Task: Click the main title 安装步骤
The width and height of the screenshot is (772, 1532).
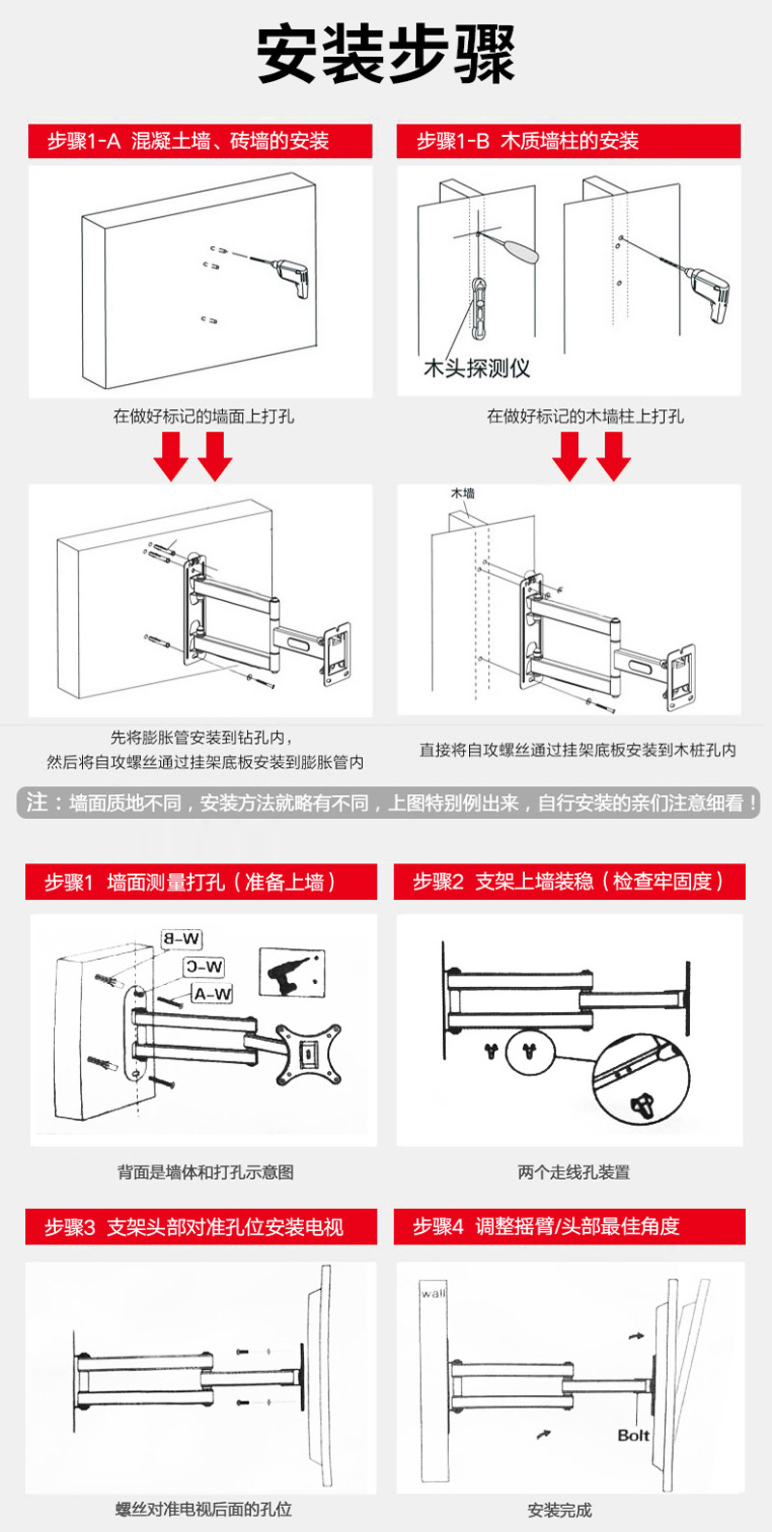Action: [386, 55]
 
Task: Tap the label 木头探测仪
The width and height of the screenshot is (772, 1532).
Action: [477, 368]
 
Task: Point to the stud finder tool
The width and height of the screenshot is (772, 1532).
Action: [482, 304]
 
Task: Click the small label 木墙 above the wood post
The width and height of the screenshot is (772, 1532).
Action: [463, 493]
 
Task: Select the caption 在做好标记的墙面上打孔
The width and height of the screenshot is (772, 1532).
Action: [204, 417]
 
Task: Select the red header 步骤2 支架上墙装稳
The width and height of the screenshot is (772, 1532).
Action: [569, 882]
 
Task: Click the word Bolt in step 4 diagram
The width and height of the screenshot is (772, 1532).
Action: [633, 1436]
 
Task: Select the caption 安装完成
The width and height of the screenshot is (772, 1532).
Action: [560, 1510]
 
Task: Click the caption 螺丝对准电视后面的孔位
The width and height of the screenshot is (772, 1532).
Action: [204, 1510]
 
